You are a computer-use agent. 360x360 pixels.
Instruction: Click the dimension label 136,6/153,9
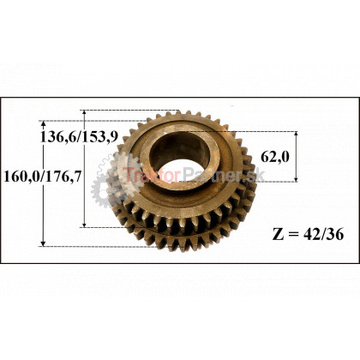[79, 137]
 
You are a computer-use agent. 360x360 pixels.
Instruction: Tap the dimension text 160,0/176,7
[43, 177]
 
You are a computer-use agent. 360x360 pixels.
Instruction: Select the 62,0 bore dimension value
[275, 157]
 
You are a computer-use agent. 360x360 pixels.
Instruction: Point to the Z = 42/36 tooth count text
[308, 235]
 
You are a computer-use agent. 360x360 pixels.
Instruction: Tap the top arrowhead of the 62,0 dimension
[296, 135]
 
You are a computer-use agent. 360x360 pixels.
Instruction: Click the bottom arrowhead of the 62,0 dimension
[296, 178]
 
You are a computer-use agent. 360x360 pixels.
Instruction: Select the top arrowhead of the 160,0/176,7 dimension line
[43, 124]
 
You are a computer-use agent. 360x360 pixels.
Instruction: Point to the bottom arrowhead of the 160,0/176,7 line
[43, 243]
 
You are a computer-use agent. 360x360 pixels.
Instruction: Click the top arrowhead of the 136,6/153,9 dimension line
[84, 113]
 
